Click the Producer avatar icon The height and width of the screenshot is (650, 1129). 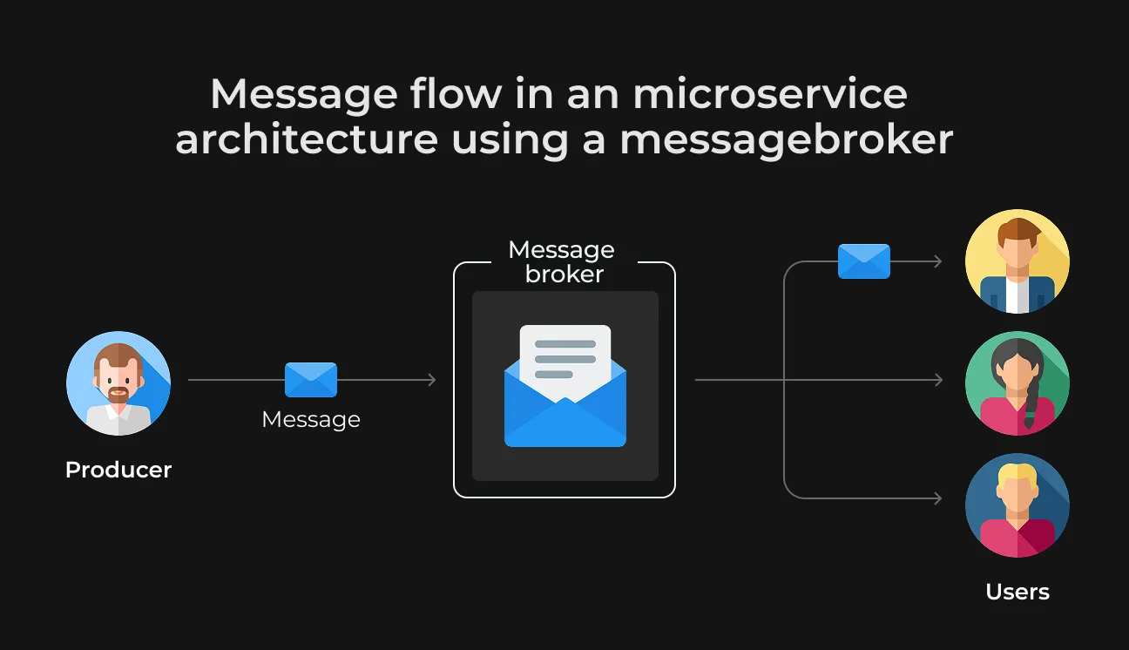[118, 383]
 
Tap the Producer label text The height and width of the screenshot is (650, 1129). [118, 470]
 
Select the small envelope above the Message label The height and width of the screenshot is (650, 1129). [311, 380]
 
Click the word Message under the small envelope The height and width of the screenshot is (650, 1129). [311, 420]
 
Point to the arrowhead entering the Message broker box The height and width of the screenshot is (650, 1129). [432, 380]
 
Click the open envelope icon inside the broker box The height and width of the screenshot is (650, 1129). [565, 386]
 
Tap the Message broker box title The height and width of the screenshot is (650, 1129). [562, 261]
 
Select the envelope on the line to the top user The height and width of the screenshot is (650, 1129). [864, 261]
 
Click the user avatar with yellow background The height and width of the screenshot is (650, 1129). [1017, 261]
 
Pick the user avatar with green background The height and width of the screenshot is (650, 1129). [1017, 383]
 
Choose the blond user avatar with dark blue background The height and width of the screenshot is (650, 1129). [1017, 505]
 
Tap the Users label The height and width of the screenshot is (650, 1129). [1017, 592]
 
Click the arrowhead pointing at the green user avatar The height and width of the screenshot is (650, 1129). [938, 380]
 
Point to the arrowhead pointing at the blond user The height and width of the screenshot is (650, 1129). [937, 498]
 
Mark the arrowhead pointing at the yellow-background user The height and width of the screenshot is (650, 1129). [937, 261]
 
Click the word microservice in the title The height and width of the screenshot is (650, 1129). [769, 94]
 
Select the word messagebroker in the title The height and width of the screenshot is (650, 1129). [787, 140]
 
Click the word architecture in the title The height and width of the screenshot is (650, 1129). [307, 139]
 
